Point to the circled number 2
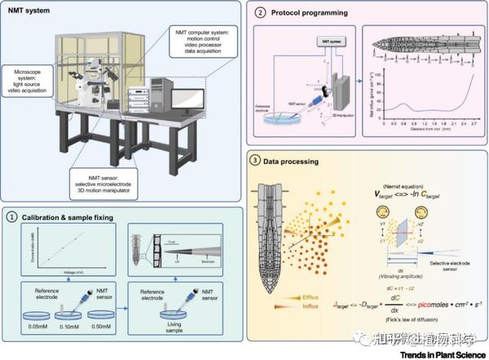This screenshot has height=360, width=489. tap(258, 14)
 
